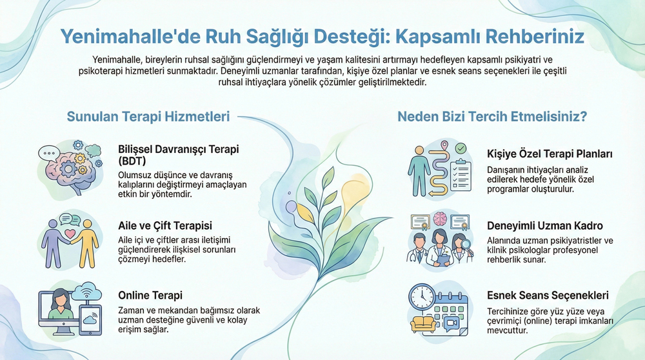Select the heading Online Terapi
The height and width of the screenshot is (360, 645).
coord(150,295)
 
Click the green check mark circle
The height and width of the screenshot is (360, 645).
coord(460,149)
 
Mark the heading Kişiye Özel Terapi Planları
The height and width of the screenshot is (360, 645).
coord(549,154)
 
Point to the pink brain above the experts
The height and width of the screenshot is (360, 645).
coord(440,219)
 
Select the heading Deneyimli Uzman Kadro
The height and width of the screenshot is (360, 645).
coord(545,226)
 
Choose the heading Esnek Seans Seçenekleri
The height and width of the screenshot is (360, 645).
coord(548,295)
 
